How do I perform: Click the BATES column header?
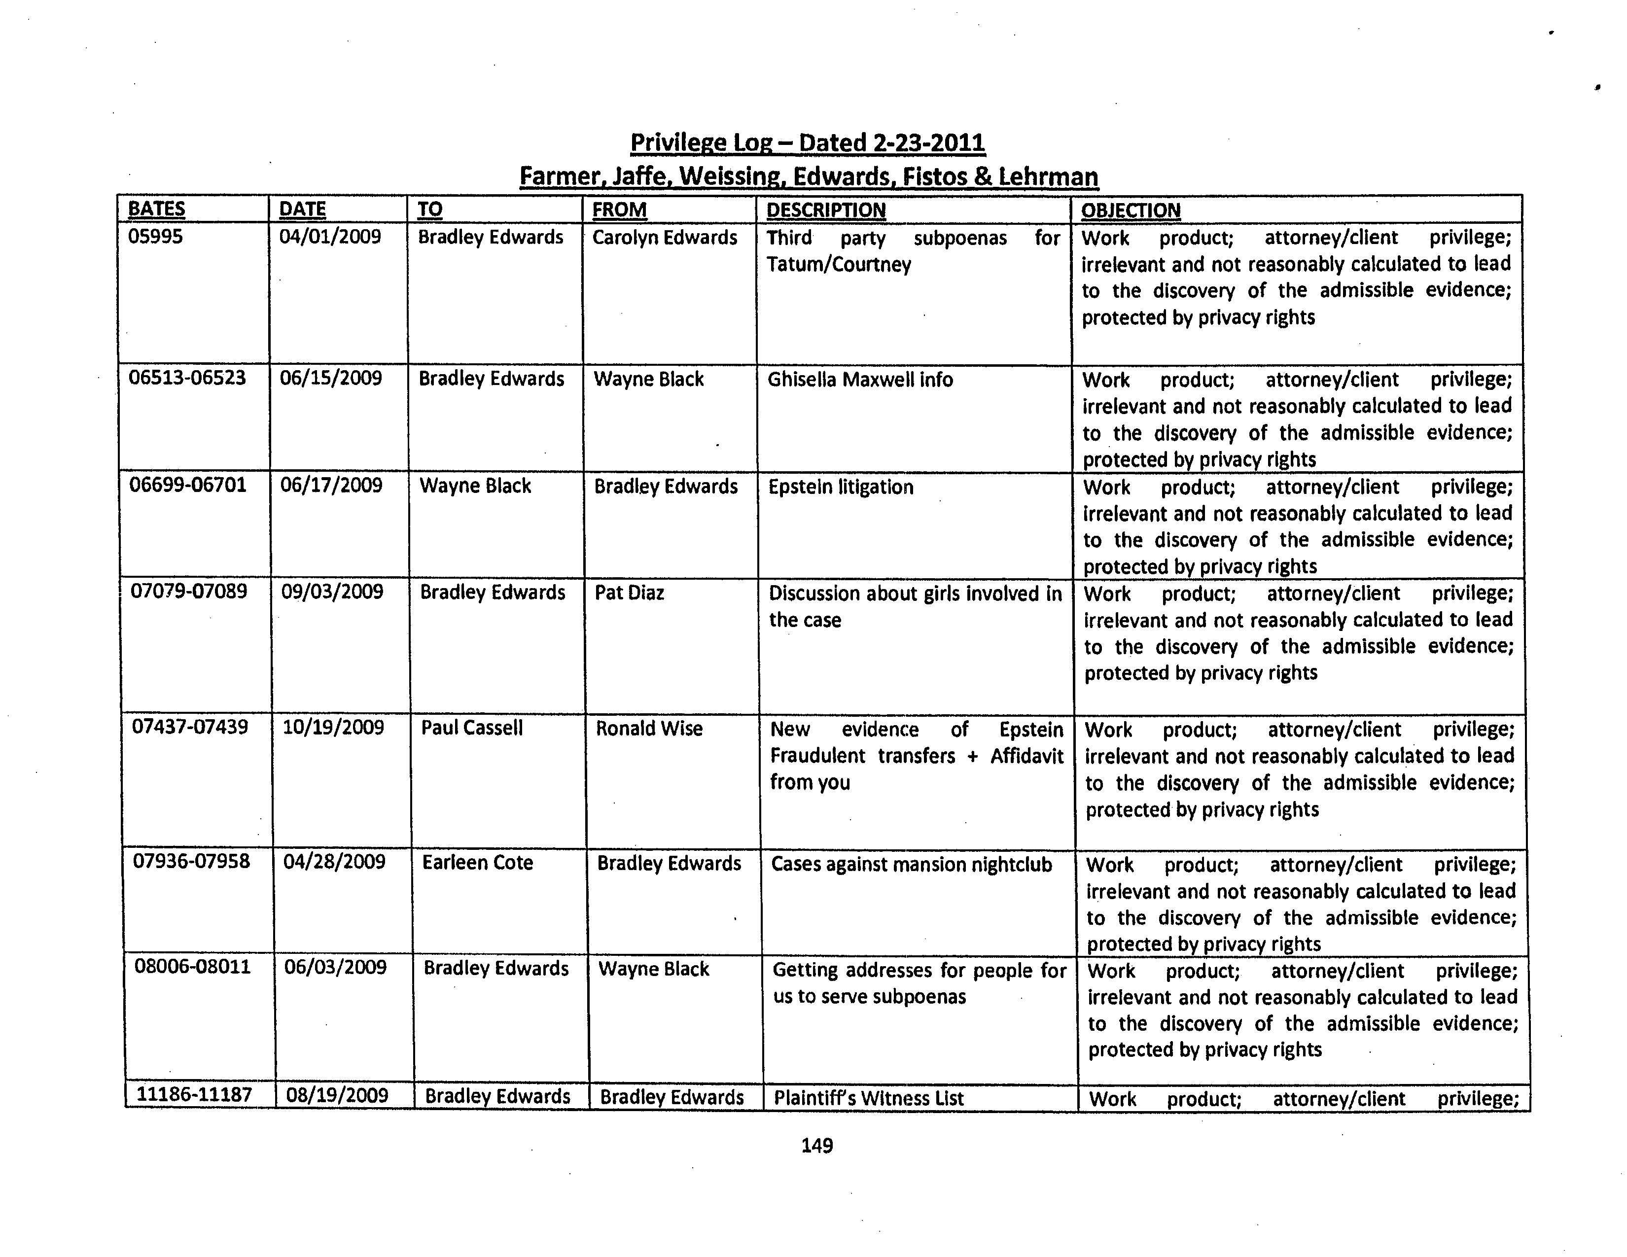156,209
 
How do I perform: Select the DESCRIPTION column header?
825,210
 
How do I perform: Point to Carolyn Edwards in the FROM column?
665,238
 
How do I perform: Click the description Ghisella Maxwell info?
860,380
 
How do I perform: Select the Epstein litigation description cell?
840,487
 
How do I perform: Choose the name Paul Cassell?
471,728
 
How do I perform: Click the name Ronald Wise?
649,728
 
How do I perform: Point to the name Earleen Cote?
478,862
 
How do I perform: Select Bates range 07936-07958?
191,862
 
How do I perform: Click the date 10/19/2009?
333,728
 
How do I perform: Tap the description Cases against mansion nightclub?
911,865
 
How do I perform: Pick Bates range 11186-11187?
194,1095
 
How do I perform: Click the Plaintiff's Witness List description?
869,1098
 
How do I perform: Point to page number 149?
816,1145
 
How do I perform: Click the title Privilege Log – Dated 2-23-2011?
808,142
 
